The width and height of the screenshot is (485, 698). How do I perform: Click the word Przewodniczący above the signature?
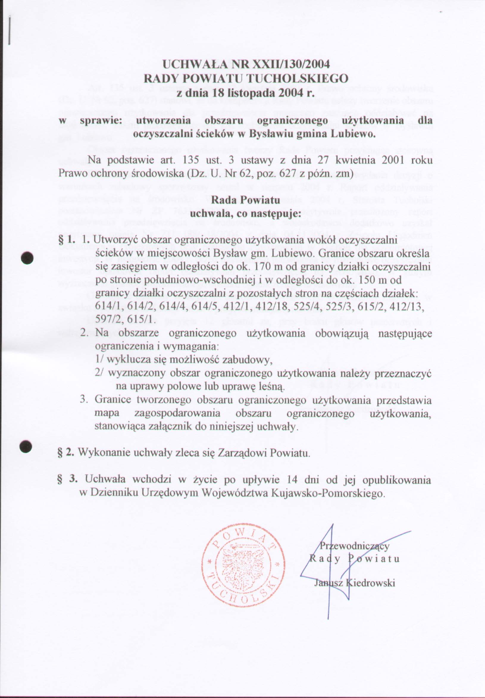[x=354, y=546]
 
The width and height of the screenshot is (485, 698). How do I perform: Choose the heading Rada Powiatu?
[x=245, y=200]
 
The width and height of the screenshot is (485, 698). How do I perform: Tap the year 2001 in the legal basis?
[x=392, y=160]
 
